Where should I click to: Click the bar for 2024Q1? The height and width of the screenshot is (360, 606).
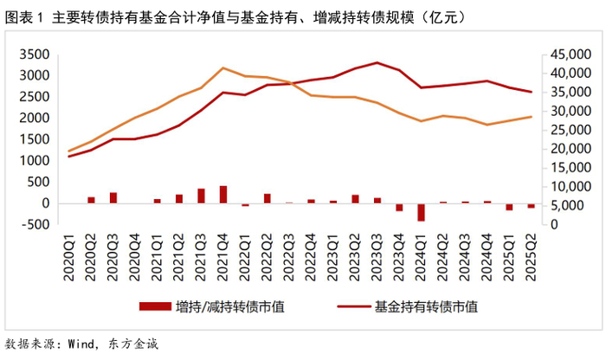(421, 212)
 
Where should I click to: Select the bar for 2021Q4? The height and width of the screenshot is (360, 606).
(223, 195)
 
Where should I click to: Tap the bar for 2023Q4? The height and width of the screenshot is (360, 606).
(399, 208)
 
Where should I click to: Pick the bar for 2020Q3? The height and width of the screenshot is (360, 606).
(113, 198)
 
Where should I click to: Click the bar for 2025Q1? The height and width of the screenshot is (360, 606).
(509, 207)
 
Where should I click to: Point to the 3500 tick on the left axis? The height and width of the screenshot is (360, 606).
(35, 55)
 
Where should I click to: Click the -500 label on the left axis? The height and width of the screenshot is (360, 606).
(35, 224)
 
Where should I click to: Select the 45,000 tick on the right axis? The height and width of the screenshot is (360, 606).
(571, 55)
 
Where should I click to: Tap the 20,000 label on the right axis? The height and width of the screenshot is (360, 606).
(571, 149)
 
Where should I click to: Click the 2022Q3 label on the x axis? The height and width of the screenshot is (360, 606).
(289, 257)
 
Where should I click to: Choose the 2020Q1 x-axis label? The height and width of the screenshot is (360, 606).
(69, 257)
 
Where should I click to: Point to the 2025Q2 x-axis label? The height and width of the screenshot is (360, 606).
(532, 257)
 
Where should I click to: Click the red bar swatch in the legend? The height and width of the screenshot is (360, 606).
(155, 306)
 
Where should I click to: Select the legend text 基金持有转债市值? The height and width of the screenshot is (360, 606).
(426, 307)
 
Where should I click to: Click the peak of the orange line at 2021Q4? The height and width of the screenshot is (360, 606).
(223, 68)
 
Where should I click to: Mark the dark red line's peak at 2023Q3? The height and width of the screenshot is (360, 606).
(377, 62)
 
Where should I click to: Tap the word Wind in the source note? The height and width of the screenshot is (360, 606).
(81, 344)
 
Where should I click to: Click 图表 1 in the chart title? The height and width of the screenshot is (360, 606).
(25, 18)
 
